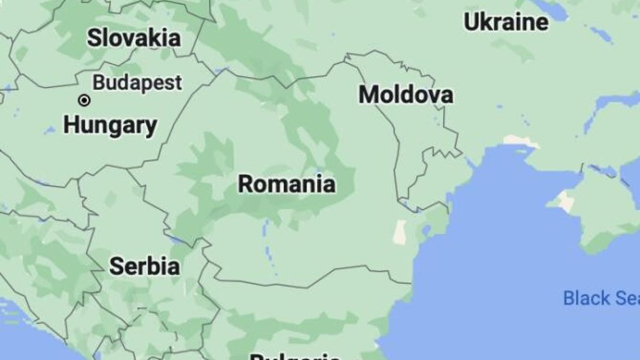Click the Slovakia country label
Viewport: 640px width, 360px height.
[134, 38]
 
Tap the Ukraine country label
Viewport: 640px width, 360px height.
[506, 22]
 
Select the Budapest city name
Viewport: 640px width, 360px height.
[137, 83]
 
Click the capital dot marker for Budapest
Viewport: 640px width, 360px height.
[84, 100]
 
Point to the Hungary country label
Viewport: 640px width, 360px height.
[110, 126]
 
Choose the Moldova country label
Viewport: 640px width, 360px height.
[406, 95]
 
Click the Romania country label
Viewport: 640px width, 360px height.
[286, 184]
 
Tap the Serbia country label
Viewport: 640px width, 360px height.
[144, 266]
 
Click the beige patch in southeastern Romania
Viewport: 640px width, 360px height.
[399, 233]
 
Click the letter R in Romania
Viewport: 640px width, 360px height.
[245, 185]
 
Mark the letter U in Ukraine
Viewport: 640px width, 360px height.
[470, 22]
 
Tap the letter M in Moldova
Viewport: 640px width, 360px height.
[367, 95]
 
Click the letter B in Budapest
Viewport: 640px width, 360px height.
[98, 83]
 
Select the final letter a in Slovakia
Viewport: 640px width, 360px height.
[174, 38]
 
